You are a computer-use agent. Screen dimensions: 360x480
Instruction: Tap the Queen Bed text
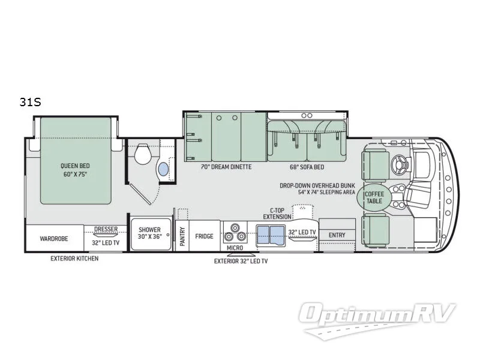(74, 166)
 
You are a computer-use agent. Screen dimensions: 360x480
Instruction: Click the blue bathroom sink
(163, 170)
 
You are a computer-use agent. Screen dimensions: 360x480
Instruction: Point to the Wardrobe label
(54, 238)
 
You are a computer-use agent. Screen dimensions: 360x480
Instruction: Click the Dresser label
(106, 229)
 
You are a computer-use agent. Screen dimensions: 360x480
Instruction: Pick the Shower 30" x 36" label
(150, 233)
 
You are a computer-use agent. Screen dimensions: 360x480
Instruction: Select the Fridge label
(204, 236)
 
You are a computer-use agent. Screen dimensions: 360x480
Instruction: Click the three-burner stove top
(234, 232)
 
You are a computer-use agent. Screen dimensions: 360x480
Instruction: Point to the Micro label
(234, 247)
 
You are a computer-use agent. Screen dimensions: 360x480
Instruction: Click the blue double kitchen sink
(271, 235)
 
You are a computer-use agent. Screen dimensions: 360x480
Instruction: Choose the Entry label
(337, 235)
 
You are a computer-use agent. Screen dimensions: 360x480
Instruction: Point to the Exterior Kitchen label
(74, 259)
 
